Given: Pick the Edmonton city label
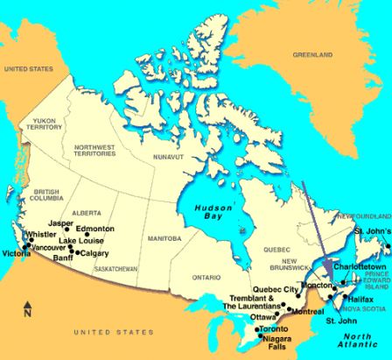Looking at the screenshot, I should click(x=95, y=229).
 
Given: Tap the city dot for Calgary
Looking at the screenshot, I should click(x=77, y=252).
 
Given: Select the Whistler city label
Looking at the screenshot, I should click(x=41, y=235).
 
